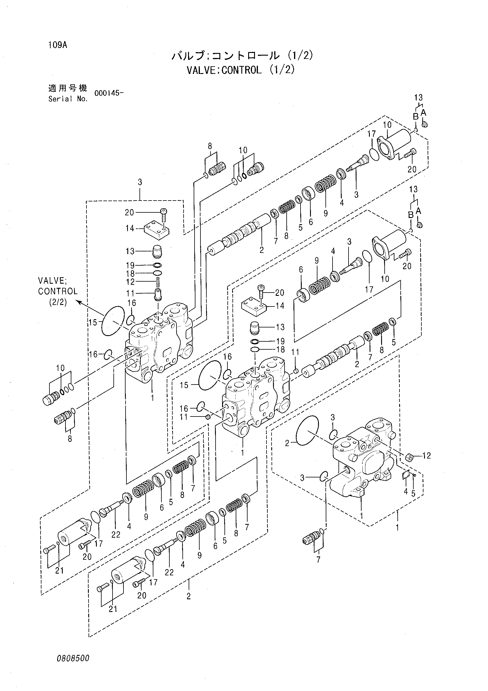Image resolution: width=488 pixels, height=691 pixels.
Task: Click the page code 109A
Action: pyautogui.click(x=57, y=45)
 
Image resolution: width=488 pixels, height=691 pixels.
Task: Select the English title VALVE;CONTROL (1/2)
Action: pyautogui.click(x=240, y=70)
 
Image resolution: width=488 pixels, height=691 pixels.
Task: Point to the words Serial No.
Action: pyautogui.click(x=68, y=99)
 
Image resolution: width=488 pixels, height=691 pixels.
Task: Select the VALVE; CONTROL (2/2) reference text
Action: pyautogui.click(x=58, y=291)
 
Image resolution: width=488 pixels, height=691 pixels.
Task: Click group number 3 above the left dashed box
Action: pyautogui.click(x=140, y=182)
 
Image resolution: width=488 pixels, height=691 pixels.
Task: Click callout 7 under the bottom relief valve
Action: pyautogui.click(x=318, y=559)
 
